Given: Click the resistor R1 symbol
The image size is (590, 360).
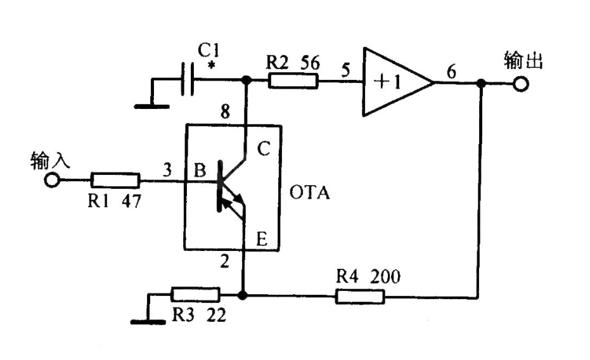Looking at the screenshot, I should [115, 180].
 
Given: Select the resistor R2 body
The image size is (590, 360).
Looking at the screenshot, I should [293, 80].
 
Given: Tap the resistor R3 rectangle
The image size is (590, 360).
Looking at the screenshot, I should [195, 295].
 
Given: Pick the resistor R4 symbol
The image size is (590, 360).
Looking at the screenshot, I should [359, 295].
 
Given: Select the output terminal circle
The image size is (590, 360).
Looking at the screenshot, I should [522, 84].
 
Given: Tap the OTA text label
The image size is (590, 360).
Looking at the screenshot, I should [310, 192].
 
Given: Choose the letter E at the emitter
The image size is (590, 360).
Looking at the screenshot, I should [261, 238].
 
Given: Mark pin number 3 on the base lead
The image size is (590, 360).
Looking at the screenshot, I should [167, 170].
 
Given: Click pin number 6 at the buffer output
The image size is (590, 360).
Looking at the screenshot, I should [451, 73].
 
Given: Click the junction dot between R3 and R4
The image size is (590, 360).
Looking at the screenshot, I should [242, 295].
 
